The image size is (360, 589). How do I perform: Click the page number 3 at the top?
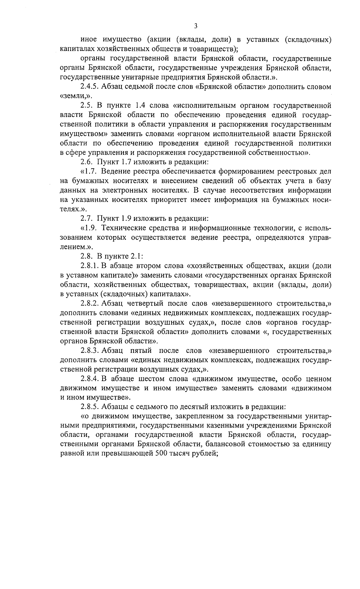click(x=196, y=26)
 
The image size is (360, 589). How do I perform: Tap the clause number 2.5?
click(x=87, y=106)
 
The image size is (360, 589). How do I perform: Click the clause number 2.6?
click(x=87, y=162)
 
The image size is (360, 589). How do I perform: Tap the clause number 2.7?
click(x=87, y=218)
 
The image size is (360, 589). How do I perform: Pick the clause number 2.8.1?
click(x=90, y=266)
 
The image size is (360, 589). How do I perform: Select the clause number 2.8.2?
click(x=90, y=303)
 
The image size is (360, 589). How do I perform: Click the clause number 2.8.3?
click(x=90, y=350)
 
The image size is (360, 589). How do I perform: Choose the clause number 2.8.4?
click(x=90, y=379)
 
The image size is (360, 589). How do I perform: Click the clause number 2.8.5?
click(x=90, y=407)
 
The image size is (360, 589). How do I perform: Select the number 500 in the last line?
click(x=160, y=454)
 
